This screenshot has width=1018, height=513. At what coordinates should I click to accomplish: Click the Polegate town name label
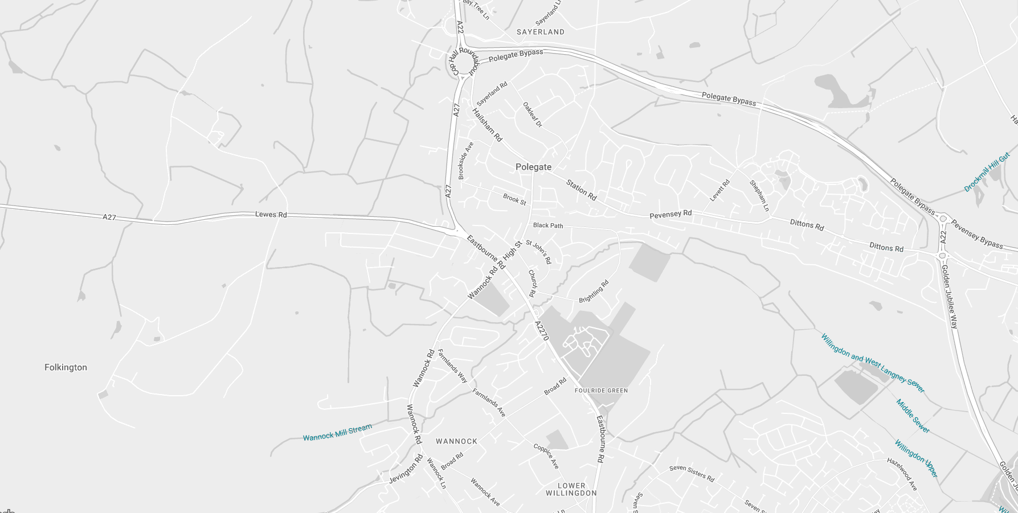click(x=533, y=167)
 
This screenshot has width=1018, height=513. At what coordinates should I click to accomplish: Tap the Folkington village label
click(x=66, y=367)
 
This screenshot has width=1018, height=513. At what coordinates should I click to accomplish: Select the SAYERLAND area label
click(x=540, y=32)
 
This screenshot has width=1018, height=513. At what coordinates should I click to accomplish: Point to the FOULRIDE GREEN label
click(x=601, y=391)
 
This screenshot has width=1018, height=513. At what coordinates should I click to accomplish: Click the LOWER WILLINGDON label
click(x=571, y=490)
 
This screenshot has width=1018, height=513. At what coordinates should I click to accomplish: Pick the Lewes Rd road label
click(x=271, y=215)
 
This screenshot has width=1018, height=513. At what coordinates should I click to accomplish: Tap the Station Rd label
click(x=581, y=190)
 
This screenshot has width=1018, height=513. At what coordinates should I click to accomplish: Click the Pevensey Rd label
click(x=671, y=214)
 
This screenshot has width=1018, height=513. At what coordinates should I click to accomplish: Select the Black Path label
click(x=548, y=225)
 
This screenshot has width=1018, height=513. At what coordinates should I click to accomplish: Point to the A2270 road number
click(x=542, y=331)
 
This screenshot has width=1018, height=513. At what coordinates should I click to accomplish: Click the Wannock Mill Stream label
click(x=337, y=432)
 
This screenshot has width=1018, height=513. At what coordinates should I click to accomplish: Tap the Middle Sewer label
click(x=913, y=416)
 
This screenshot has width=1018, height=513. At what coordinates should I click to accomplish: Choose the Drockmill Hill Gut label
click(x=987, y=171)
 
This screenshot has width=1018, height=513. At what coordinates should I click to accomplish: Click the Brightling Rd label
click(x=594, y=291)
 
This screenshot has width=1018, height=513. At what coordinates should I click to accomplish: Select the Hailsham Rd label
click(x=487, y=125)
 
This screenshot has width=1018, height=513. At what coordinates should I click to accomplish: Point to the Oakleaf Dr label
click(x=533, y=114)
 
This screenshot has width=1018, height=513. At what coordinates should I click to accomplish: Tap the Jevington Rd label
click(x=406, y=469)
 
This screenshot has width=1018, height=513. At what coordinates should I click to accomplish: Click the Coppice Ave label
click(x=546, y=456)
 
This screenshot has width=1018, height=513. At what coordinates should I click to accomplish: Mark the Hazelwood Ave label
click(x=902, y=474)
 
